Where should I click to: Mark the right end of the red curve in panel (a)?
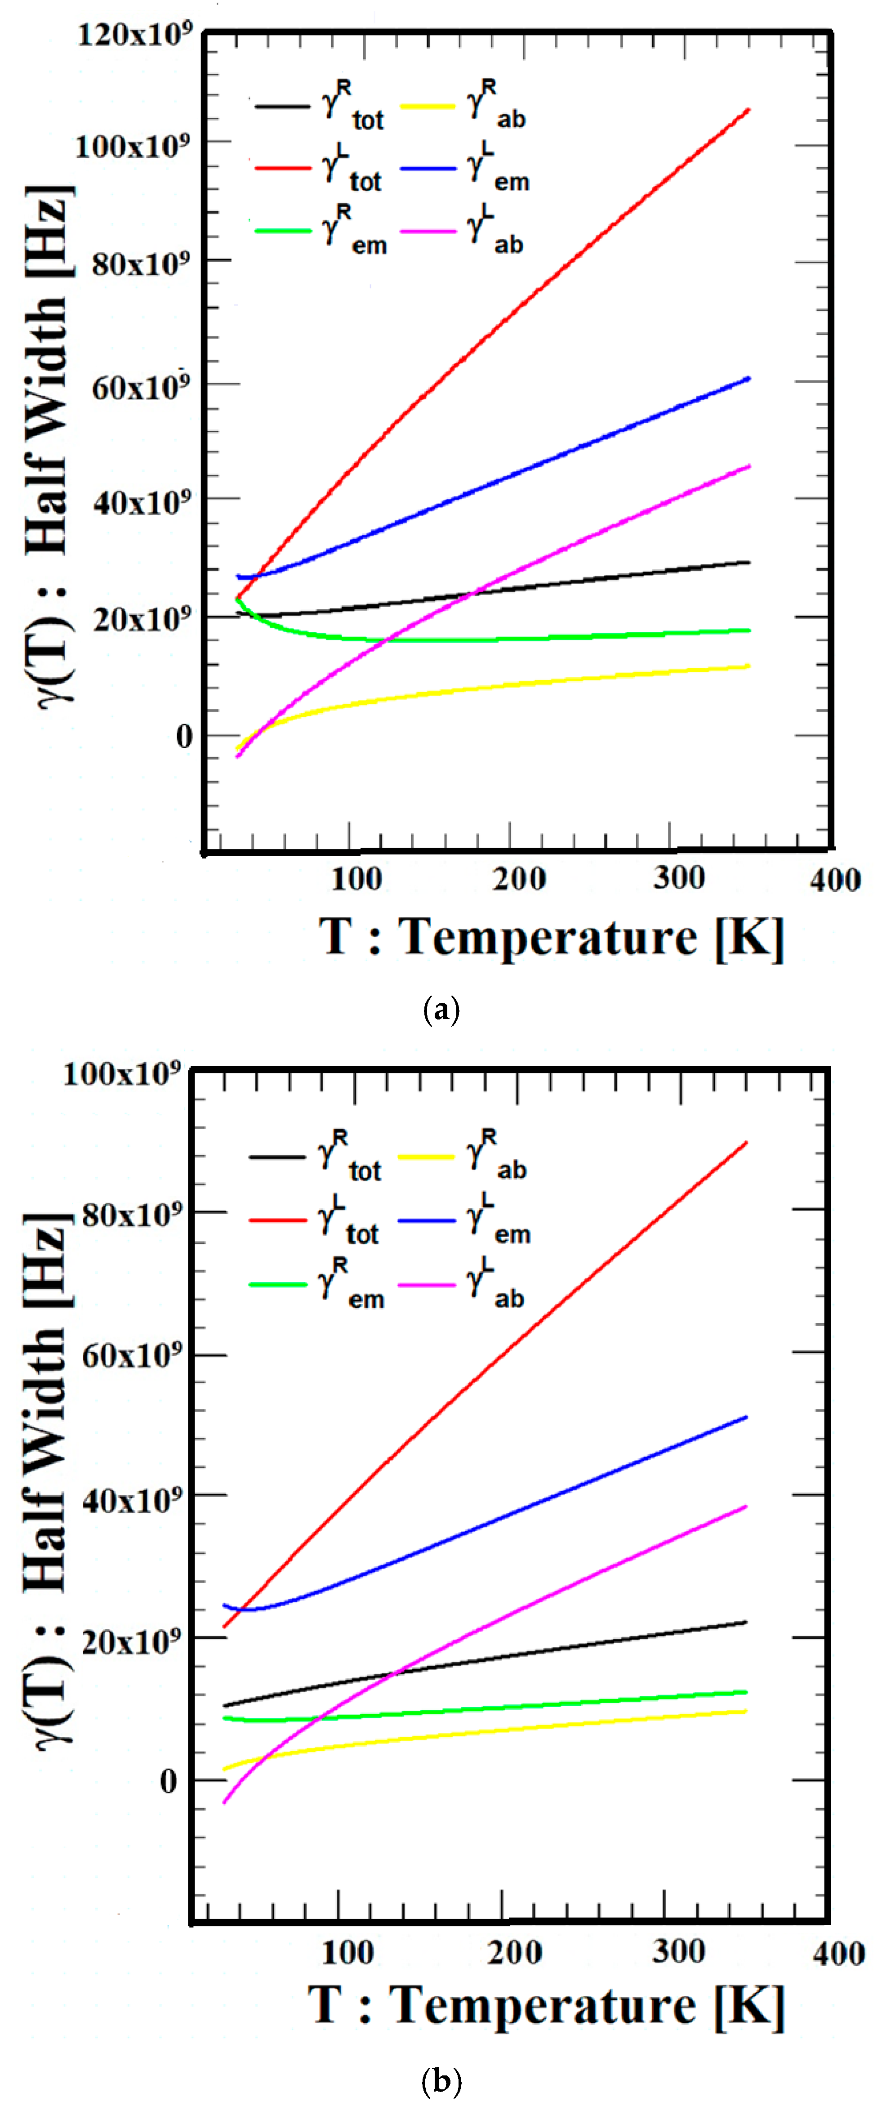click(748, 110)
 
